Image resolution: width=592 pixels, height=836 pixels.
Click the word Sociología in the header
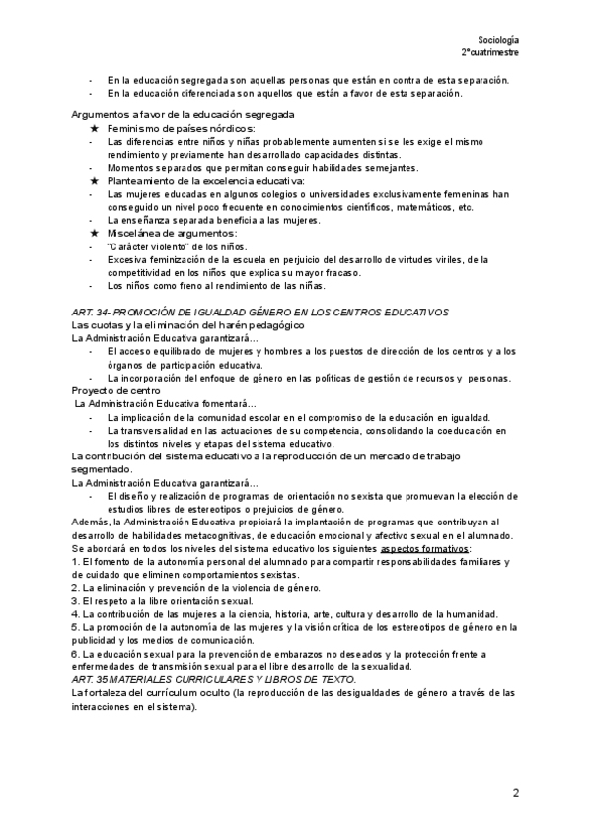pos(498,36)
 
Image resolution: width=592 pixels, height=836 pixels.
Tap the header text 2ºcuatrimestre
pos(491,50)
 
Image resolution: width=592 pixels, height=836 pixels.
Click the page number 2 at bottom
pos(515,792)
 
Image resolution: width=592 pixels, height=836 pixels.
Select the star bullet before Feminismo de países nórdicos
pos(93,129)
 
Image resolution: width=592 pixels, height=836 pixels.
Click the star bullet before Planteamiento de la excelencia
pos(93,181)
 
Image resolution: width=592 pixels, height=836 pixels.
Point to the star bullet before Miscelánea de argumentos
pos(93,233)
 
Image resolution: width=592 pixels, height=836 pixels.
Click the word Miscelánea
pos(134,233)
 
